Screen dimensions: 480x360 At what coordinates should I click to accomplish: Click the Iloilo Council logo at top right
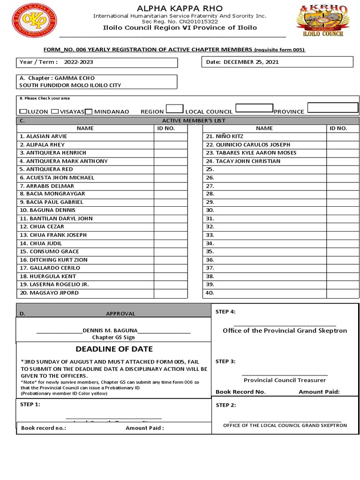(x=322, y=21)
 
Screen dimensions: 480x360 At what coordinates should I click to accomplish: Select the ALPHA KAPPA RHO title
(x=180, y=8)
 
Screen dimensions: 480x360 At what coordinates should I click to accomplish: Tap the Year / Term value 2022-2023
(x=79, y=62)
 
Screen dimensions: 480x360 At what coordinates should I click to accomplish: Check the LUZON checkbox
(x=23, y=112)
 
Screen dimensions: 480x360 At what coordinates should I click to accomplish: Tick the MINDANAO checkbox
(x=89, y=112)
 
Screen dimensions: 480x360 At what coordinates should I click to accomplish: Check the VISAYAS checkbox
(x=55, y=112)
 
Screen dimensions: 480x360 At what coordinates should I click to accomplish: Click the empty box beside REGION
(x=174, y=109)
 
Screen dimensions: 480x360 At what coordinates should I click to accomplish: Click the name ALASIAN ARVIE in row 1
(x=40, y=136)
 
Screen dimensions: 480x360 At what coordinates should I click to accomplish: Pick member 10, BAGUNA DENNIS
(x=42, y=210)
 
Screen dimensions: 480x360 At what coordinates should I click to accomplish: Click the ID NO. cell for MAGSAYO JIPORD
(x=170, y=293)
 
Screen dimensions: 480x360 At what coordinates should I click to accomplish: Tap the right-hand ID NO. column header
(x=338, y=128)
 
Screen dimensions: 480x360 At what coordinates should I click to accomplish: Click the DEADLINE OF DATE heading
(x=114, y=349)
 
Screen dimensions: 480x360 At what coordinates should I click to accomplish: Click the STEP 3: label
(x=225, y=361)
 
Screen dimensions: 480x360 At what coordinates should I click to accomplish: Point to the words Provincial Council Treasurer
(x=285, y=380)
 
